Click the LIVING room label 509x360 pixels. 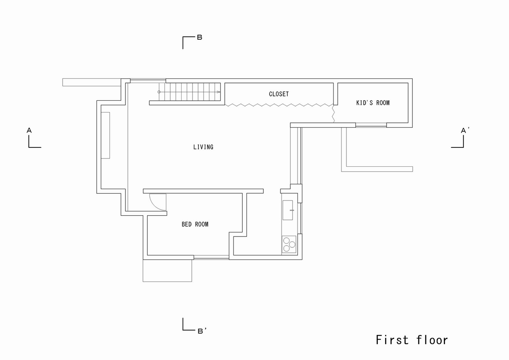[203, 147]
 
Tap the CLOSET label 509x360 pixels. [279, 94]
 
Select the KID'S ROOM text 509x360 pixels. [373, 103]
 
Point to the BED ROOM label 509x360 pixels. [195, 224]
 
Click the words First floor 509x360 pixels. [412, 340]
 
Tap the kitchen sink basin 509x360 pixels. [287, 210]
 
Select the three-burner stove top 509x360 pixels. [289, 244]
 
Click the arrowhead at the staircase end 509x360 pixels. [219, 92]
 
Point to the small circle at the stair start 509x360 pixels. [159, 92]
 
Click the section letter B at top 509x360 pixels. [199, 37]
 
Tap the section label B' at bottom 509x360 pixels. [202, 331]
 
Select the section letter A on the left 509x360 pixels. [29, 130]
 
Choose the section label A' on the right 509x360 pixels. [465, 130]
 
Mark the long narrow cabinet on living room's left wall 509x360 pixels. [105, 135]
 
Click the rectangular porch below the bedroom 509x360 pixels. [167, 271]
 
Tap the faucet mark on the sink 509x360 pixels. [292, 210]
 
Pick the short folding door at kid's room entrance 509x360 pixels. [334, 114]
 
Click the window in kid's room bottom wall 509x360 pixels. [371, 125]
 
